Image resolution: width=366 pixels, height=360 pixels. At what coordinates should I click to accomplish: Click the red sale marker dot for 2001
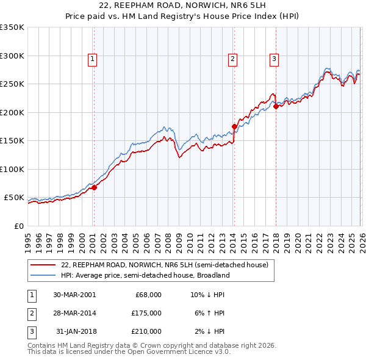[x=94, y=187]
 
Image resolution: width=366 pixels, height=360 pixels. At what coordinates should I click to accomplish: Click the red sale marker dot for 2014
[x=234, y=127]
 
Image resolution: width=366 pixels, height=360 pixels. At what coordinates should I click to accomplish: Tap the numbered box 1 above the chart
[x=91, y=59]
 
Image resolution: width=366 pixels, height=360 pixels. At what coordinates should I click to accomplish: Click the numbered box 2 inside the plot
[x=233, y=59]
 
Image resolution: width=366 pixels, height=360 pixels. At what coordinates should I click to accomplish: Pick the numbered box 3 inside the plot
[x=274, y=59]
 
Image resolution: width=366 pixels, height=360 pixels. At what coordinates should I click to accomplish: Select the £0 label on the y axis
[x=18, y=226]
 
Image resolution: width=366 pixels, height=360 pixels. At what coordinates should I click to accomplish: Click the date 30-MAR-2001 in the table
[x=74, y=295]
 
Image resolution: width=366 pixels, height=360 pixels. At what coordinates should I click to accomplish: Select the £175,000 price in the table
[x=146, y=313]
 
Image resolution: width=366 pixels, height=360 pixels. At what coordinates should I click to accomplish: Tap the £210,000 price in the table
[x=146, y=331]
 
